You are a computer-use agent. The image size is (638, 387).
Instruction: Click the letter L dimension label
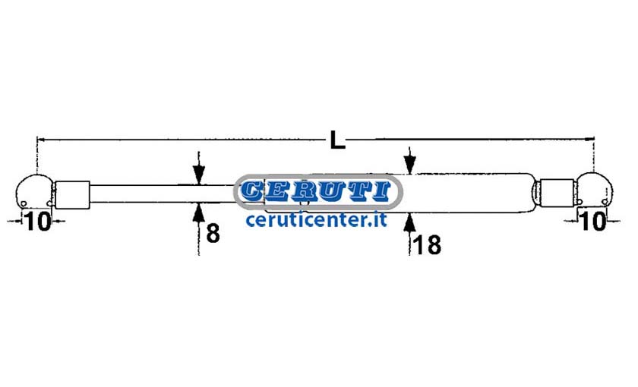337,140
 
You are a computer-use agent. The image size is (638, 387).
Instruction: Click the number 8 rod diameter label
213,233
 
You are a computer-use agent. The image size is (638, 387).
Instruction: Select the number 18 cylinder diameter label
427,245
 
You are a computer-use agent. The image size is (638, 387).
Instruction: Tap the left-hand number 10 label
38,222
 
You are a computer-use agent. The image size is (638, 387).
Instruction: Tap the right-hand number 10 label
594,221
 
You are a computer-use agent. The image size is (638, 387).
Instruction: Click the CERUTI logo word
316,191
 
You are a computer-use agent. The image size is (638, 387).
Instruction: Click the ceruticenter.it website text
316,220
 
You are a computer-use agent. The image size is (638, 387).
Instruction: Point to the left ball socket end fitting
33,191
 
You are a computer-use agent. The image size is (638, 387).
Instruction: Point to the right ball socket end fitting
595,190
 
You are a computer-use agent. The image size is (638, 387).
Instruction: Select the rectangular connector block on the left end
72,195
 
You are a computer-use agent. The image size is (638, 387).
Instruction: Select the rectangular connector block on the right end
557,193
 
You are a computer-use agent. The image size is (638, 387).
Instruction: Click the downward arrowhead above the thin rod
198,175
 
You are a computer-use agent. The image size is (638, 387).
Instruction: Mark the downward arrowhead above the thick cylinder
409,165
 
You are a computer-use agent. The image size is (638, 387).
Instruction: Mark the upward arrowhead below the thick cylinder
409,222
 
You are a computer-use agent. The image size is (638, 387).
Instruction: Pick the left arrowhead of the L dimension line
42,140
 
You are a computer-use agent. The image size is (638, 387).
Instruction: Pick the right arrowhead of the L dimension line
589,139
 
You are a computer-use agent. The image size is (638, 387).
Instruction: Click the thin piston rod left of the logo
163,193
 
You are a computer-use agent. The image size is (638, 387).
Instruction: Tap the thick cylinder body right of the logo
468,193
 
